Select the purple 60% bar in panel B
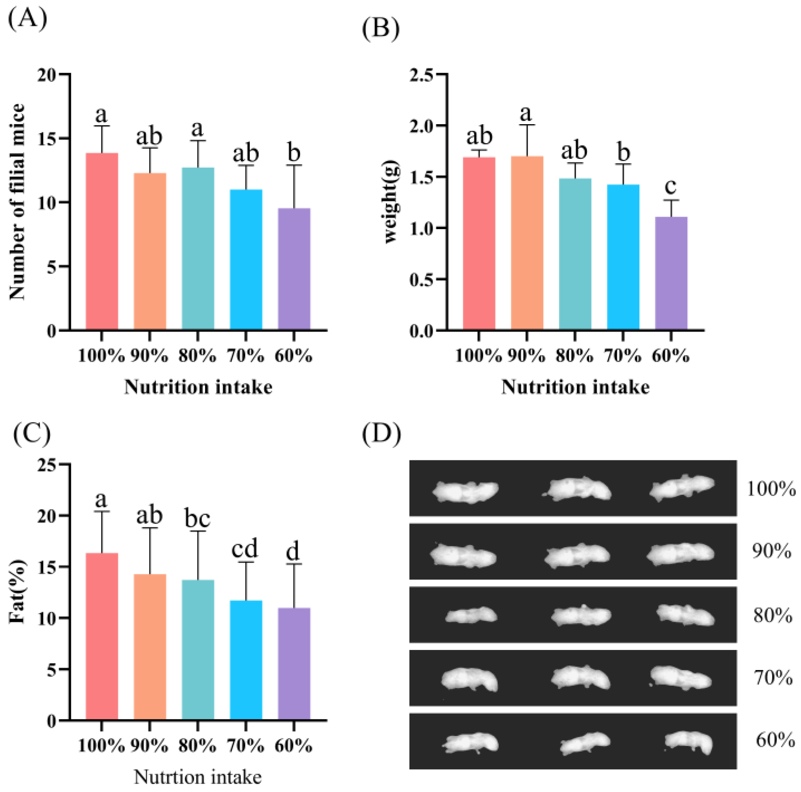[671, 273]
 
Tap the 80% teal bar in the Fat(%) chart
[198, 651]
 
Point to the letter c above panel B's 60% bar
[671, 186]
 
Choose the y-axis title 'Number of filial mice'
[17, 202]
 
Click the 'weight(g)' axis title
[391, 202]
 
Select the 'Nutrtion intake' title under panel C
[198, 777]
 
